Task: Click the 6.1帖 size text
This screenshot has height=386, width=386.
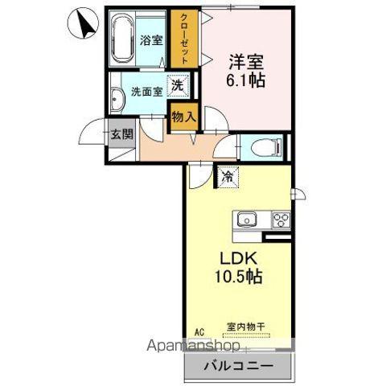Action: click(245, 80)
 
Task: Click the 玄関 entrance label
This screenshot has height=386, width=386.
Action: click(122, 133)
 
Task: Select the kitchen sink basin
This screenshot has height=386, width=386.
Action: click(244, 220)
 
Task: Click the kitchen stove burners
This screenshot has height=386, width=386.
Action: click(281, 219)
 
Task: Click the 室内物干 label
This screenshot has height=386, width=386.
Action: click(244, 328)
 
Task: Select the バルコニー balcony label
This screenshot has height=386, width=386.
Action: click(236, 367)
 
